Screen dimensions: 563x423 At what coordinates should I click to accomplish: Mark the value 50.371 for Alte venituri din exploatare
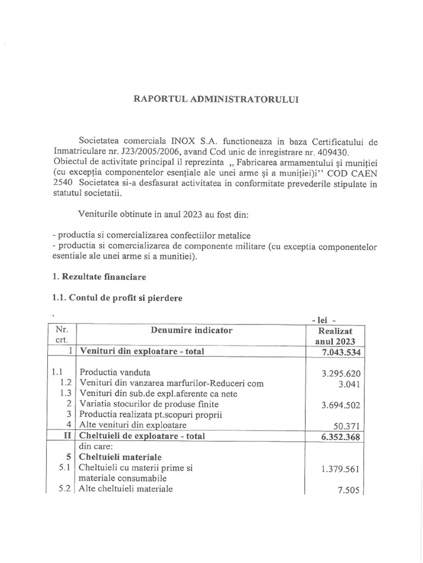[x=345, y=426]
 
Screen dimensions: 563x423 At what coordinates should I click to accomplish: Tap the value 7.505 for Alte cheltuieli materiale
[x=348, y=492]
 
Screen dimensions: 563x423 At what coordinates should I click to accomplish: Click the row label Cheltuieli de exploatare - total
[x=143, y=436]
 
